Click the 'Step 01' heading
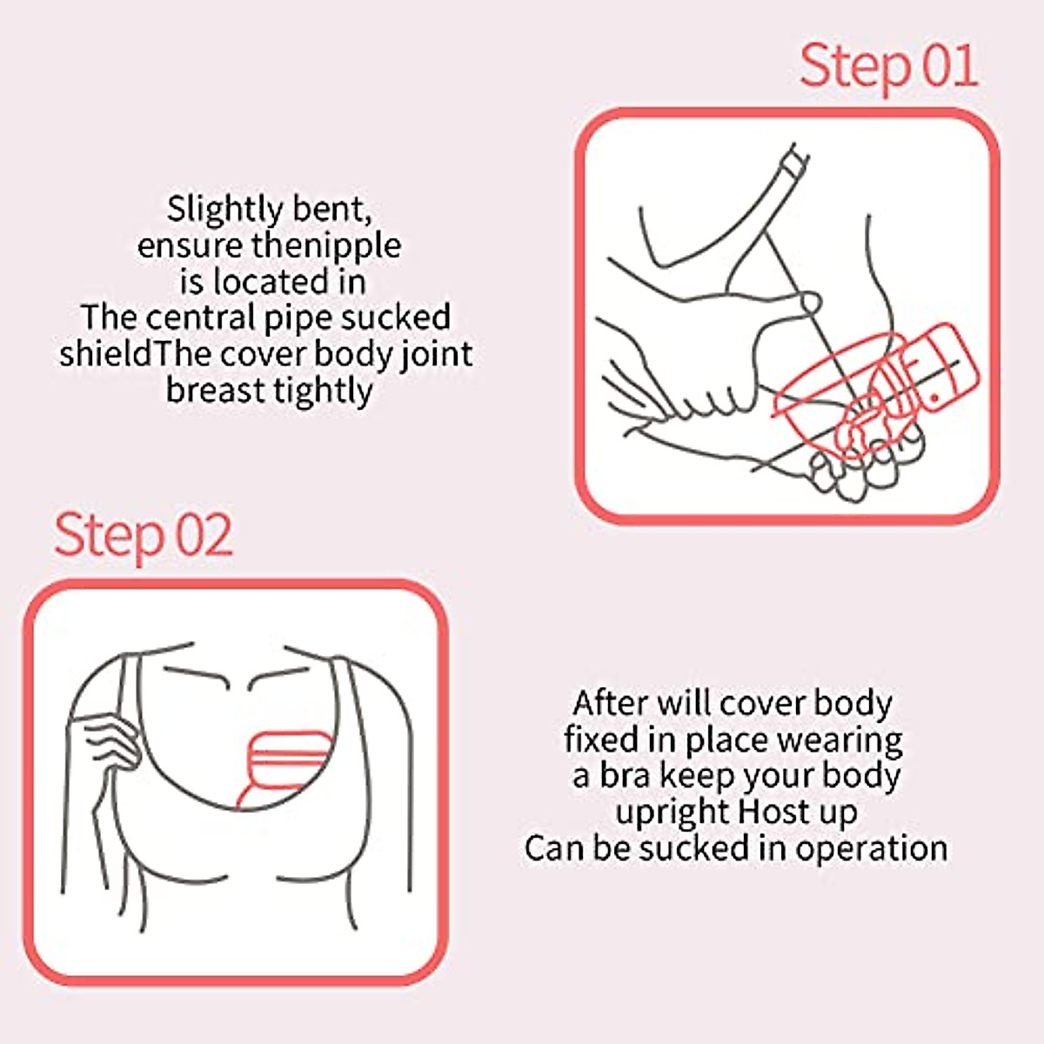888,66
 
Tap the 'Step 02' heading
144,535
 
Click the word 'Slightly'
224,210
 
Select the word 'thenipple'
326,246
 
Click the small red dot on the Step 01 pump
934,396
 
